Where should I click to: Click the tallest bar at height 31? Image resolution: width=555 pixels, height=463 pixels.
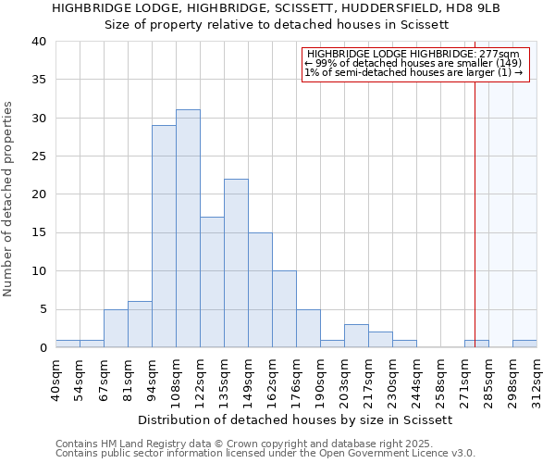coord(188,229)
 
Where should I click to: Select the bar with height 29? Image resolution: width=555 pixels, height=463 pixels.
coord(164,236)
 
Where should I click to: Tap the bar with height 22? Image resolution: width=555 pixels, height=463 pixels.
coord(236,263)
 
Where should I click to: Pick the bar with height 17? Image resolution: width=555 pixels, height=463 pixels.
coord(212,282)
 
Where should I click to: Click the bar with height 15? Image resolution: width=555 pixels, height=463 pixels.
coord(260,290)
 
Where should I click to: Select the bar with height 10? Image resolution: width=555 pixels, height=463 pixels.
coord(284,309)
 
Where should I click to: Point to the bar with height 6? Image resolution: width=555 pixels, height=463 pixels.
coord(140,324)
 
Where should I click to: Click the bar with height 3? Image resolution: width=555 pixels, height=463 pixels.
coord(356,336)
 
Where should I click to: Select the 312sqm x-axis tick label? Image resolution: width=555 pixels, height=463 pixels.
coord(536,379)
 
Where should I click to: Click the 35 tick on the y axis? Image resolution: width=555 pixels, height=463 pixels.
coord(38,80)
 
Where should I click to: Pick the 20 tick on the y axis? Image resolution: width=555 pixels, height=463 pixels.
coord(38,194)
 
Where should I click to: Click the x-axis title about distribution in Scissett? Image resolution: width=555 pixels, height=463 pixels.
coord(296,419)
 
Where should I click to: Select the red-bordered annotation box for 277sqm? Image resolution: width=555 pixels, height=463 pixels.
coord(414,64)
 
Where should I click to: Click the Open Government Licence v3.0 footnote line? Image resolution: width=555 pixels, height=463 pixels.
coord(265,453)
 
